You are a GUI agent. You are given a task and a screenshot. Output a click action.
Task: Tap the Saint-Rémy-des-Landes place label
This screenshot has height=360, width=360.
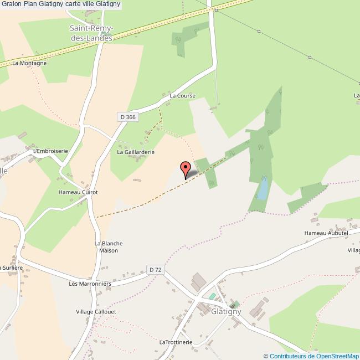[91, 33]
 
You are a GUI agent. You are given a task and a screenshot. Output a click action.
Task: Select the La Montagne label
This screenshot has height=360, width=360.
[29, 63]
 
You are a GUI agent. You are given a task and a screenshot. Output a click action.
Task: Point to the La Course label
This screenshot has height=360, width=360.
[183, 95]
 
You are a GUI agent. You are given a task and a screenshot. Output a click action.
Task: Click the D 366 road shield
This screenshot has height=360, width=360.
[127, 117]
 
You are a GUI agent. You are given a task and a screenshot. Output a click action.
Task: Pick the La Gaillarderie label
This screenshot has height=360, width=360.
[135, 151]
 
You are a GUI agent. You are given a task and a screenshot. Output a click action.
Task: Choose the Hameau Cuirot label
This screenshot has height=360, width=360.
[78, 192]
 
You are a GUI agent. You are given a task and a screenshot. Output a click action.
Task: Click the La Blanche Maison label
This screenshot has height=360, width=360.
[109, 247]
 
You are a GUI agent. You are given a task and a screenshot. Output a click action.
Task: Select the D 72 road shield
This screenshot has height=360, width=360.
[156, 270]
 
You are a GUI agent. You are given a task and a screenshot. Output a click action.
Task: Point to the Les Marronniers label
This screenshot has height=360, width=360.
[90, 284]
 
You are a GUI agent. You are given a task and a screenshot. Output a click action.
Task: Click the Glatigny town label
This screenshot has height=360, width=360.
[227, 312]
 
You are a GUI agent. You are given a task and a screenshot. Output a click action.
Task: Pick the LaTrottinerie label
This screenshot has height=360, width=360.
[176, 342]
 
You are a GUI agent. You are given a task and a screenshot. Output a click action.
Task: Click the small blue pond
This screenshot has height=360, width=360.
[263, 189]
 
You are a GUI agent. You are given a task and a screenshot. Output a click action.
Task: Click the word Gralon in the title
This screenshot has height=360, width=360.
[12, 4]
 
